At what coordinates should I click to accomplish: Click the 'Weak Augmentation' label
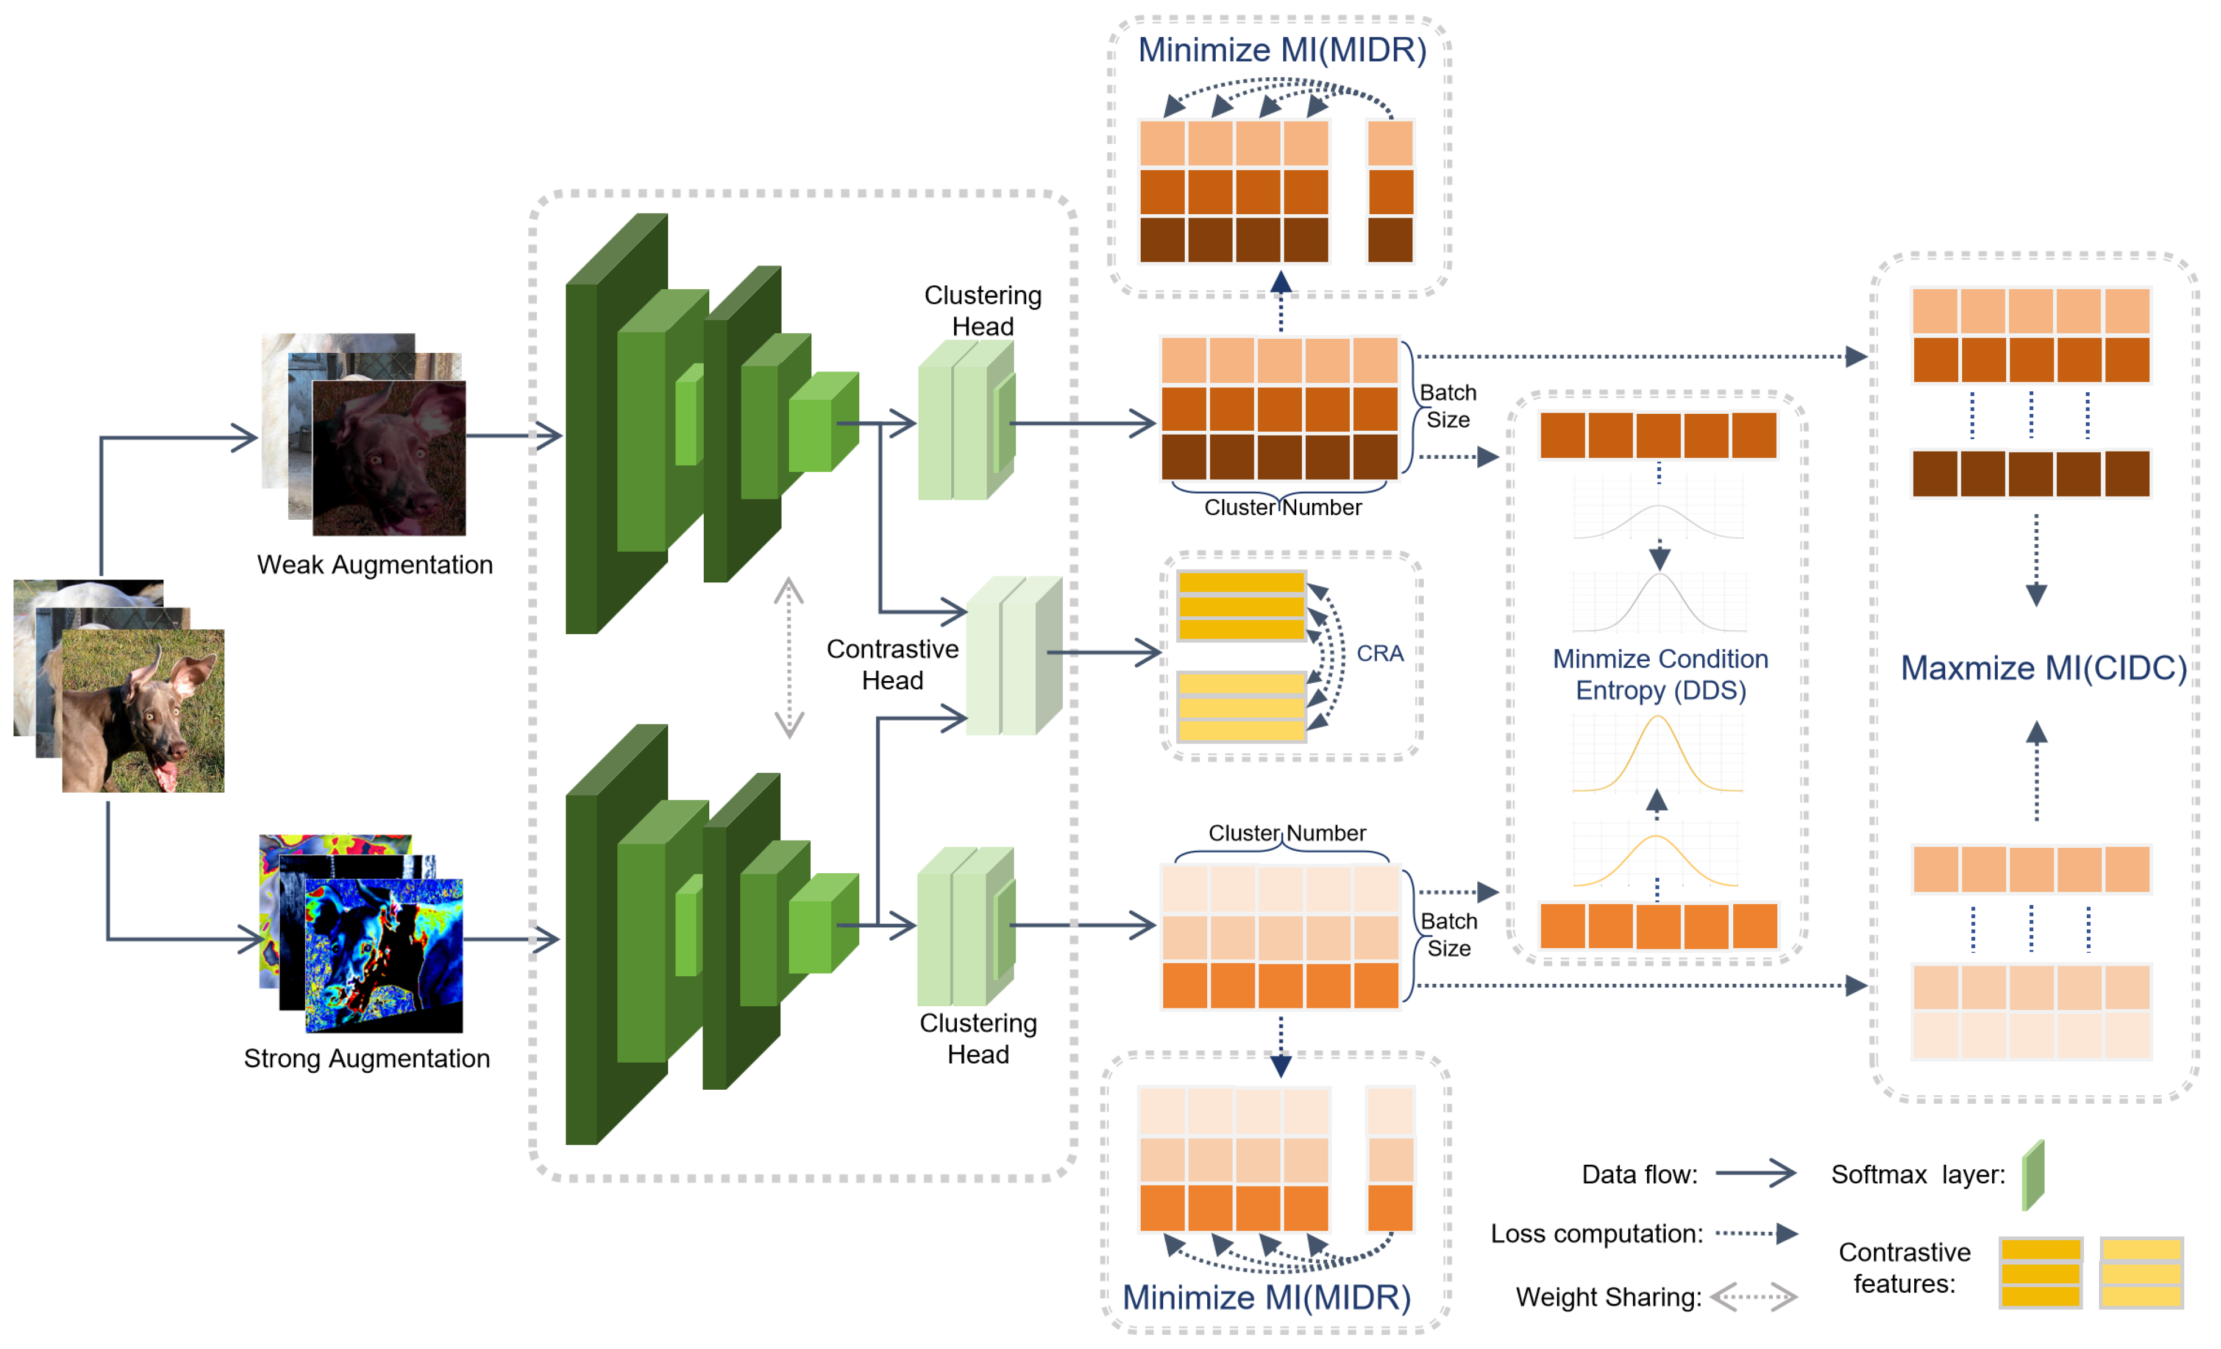pos(375,565)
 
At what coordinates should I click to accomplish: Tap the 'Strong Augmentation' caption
pos(367,1059)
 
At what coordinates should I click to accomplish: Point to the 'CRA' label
pos(1380,653)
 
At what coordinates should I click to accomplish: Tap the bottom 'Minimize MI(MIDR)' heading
pos(1266,1298)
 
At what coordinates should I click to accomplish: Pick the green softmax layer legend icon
pos(2033,1175)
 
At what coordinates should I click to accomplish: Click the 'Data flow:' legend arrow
pos(1755,1173)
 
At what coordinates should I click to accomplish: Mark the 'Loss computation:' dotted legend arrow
pos(1756,1233)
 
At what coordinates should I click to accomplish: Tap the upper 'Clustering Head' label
pos(982,311)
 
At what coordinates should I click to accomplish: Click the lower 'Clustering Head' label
pos(978,1039)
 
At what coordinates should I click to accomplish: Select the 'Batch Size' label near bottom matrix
pos(1449,935)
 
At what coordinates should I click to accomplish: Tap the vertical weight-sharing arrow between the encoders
pos(789,658)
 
